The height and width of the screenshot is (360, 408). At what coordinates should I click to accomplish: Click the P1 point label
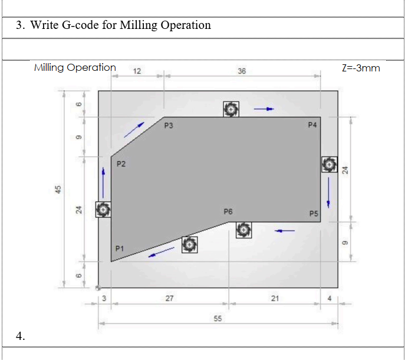[x=120, y=248]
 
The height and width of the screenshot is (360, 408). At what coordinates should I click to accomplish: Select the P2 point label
[x=120, y=164]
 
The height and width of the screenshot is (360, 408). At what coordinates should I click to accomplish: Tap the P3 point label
[x=169, y=126]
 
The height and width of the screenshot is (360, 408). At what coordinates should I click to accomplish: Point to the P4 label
[x=312, y=125]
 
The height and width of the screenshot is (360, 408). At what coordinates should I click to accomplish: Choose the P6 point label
[x=229, y=211]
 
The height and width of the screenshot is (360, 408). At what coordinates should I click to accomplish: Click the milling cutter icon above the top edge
[x=231, y=109]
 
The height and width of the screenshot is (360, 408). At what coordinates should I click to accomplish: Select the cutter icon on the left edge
[x=103, y=209]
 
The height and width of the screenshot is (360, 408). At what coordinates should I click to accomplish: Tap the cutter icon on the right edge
[x=329, y=164]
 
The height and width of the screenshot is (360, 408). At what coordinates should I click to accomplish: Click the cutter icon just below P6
[x=244, y=230]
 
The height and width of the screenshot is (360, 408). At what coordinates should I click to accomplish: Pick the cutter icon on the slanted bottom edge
[x=189, y=244]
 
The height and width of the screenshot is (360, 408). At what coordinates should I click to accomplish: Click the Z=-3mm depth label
[x=361, y=68]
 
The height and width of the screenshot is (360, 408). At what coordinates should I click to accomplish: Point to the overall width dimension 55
[x=218, y=319]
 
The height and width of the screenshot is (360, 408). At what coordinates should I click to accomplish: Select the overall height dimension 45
[x=58, y=189]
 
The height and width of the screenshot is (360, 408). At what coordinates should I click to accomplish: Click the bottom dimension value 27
[x=169, y=299]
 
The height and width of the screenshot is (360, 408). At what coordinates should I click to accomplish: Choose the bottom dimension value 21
[x=275, y=299]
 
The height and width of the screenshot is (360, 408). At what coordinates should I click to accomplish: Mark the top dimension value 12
[x=137, y=71]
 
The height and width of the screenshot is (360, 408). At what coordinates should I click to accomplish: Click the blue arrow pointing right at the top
[x=264, y=109]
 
